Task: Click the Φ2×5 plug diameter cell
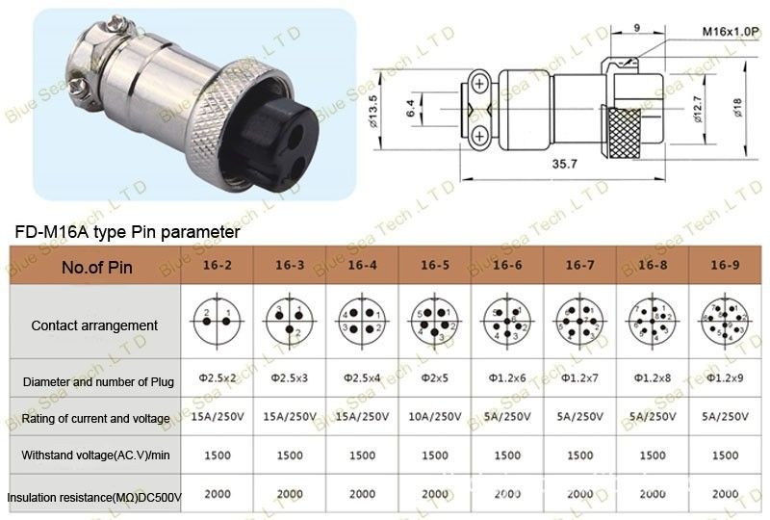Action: tap(435, 381)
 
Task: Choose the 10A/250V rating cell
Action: tap(435, 417)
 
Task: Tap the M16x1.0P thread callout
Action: tap(731, 33)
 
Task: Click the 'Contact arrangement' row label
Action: tap(94, 325)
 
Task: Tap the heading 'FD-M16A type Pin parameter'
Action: tap(126, 232)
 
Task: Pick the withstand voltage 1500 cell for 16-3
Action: tap(290, 455)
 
